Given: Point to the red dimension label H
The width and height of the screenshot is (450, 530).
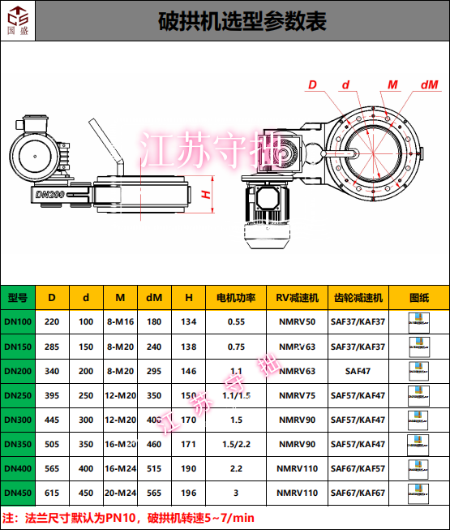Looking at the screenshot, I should pyautogui.click(x=206, y=194).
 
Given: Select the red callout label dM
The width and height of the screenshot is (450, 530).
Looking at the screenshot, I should pyautogui.click(x=429, y=84).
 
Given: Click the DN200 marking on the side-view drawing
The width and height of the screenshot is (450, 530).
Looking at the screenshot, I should pyautogui.click(x=50, y=195).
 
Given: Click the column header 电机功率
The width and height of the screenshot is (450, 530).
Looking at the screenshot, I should pyautogui.click(x=236, y=298).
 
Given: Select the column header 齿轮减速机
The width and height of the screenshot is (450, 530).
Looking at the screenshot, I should pyautogui.click(x=358, y=298).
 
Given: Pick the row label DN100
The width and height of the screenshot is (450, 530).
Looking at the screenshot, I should pyautogui.click(x=18, y=322).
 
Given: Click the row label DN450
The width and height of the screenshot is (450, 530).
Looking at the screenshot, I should pyautogui.click(x=18, y=493).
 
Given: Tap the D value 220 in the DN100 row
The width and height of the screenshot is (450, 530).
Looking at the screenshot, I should pyautogui.click(x=52, y=322).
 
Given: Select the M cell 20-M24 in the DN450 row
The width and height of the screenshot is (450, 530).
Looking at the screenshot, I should pyautogui.click(x=120, y=493).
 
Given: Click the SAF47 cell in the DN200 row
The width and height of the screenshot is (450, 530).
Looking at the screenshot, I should pyautogui.click(x=358, y=371).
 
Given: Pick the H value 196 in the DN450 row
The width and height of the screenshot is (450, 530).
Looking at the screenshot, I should pyautogui.click(x=189, y=493).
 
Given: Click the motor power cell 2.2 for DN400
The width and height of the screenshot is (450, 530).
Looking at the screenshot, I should pyautogui.click(x=236, y=468).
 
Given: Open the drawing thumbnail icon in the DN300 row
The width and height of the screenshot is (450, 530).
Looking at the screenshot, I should pyautogui.click(x=419, y=420).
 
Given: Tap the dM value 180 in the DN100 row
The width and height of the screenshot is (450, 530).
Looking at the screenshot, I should pyautogui.click(x=154, y=322).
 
